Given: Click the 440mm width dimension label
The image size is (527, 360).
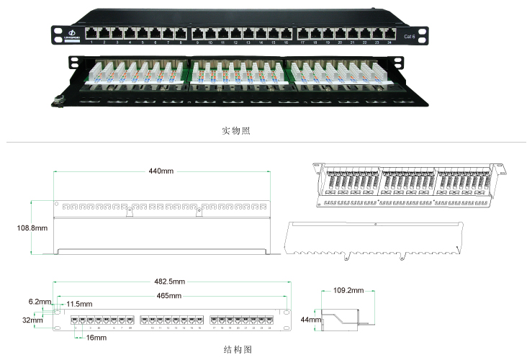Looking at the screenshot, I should pyautogui.click(x=161, y=171).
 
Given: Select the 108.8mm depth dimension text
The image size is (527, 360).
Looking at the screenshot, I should pyautogui.click(x=32, y=228).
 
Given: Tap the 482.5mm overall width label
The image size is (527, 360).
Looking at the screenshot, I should pyautogui.click(x=169, y=282).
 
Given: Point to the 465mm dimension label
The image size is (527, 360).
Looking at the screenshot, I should pyautogui.click(x=169, y=296).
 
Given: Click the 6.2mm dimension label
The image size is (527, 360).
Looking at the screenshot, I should pyautogui.click(x=40, y=302).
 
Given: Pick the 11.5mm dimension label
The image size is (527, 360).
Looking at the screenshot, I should pyautogui.click(x=79, y=305).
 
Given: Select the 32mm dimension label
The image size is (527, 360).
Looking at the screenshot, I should pyautogui.click(x=32, y=320).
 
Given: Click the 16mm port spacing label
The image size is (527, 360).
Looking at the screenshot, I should pyautogui.click(x=95, y=337).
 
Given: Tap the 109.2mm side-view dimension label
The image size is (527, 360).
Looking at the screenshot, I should pyautogui.click(x=347, y=291).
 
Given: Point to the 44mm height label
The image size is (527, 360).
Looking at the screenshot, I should pyautogui.click(x=310, y=319).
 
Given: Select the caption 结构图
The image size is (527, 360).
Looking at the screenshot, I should pyautogui.click(x=236, y=349).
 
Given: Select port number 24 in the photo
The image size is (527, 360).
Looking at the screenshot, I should pyautogui.click(x=389, y=42).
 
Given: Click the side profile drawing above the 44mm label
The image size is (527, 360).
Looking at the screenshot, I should pyautogui.click(x=345, y=318).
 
